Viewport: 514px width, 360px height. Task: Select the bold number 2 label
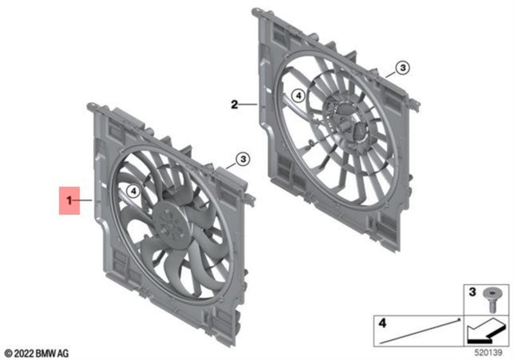coord(235,103)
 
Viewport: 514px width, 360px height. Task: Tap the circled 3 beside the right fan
coord(400,67)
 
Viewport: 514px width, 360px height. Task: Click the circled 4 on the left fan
coord(132,191)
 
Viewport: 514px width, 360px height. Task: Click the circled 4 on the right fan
coord(296,96)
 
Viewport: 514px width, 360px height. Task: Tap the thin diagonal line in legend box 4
coord(424,330)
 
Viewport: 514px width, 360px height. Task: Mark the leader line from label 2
coord(248,103)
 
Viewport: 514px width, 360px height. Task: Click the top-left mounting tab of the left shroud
coord(93,105)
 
